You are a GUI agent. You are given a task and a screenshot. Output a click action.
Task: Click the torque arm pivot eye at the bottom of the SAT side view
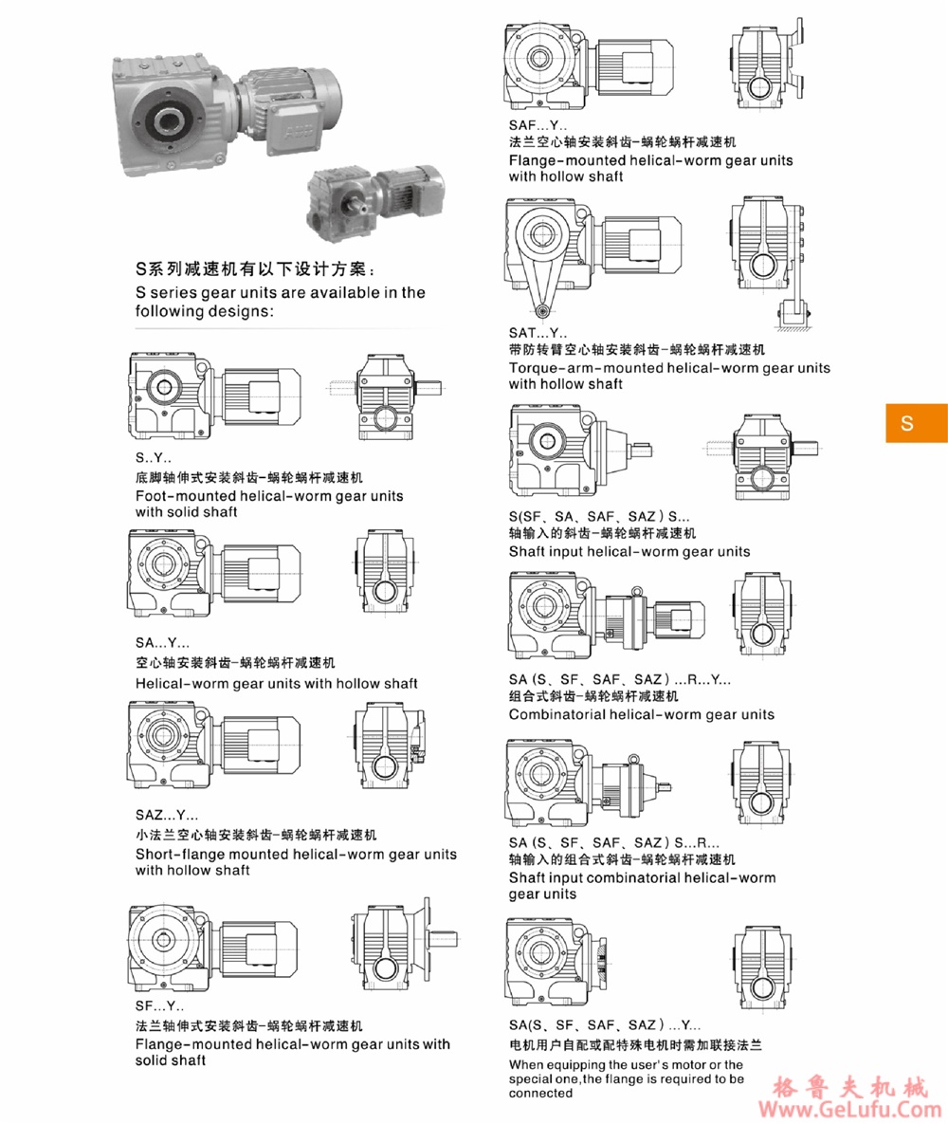point(540,310)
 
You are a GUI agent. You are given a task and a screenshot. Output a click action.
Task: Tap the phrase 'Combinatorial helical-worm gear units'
point(641,714)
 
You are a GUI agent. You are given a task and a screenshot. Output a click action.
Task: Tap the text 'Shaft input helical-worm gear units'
point(629,551)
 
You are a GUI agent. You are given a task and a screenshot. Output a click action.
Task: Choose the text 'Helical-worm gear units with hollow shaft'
point(277,683)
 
